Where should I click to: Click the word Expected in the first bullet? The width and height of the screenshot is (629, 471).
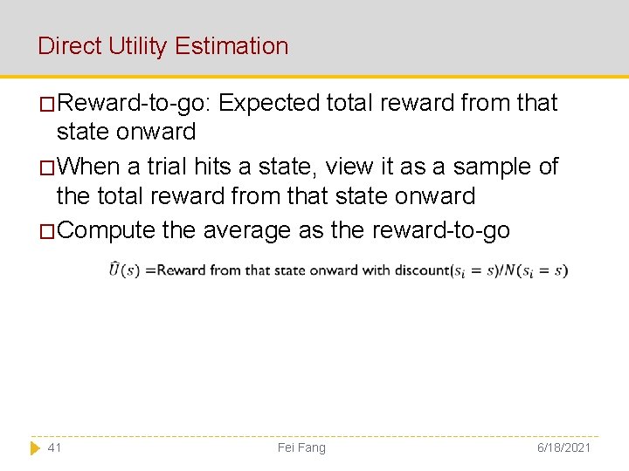click(269, 103)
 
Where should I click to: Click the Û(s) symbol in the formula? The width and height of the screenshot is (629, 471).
click(124, 270)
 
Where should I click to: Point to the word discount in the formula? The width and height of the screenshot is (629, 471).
click(421, 270)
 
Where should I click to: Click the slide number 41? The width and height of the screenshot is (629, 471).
click(54, 447)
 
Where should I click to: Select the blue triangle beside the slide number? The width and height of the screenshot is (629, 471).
click(35, 447)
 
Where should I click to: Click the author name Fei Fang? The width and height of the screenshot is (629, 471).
click(301, 447)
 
